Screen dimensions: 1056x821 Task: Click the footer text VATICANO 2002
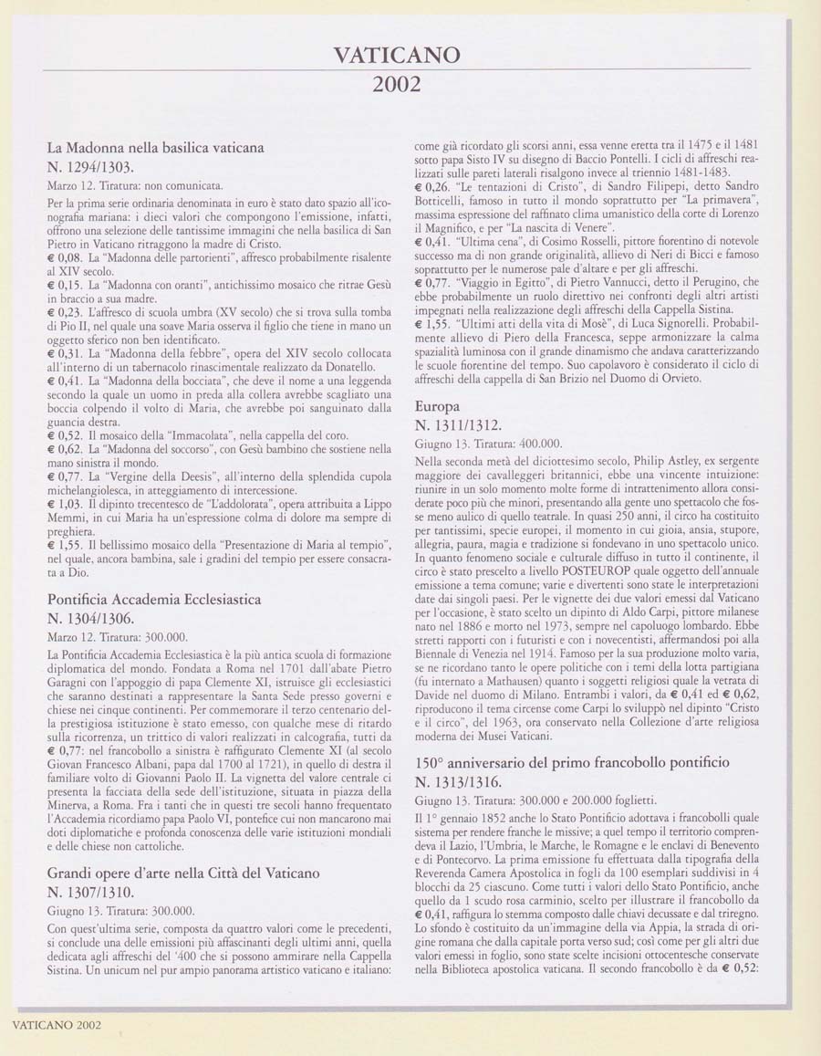pos(57,1024)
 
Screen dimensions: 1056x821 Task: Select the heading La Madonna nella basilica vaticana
pos(156,146)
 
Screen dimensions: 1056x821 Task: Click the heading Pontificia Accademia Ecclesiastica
pos(154,599)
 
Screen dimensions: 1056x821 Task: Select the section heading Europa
pos(437,405)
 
